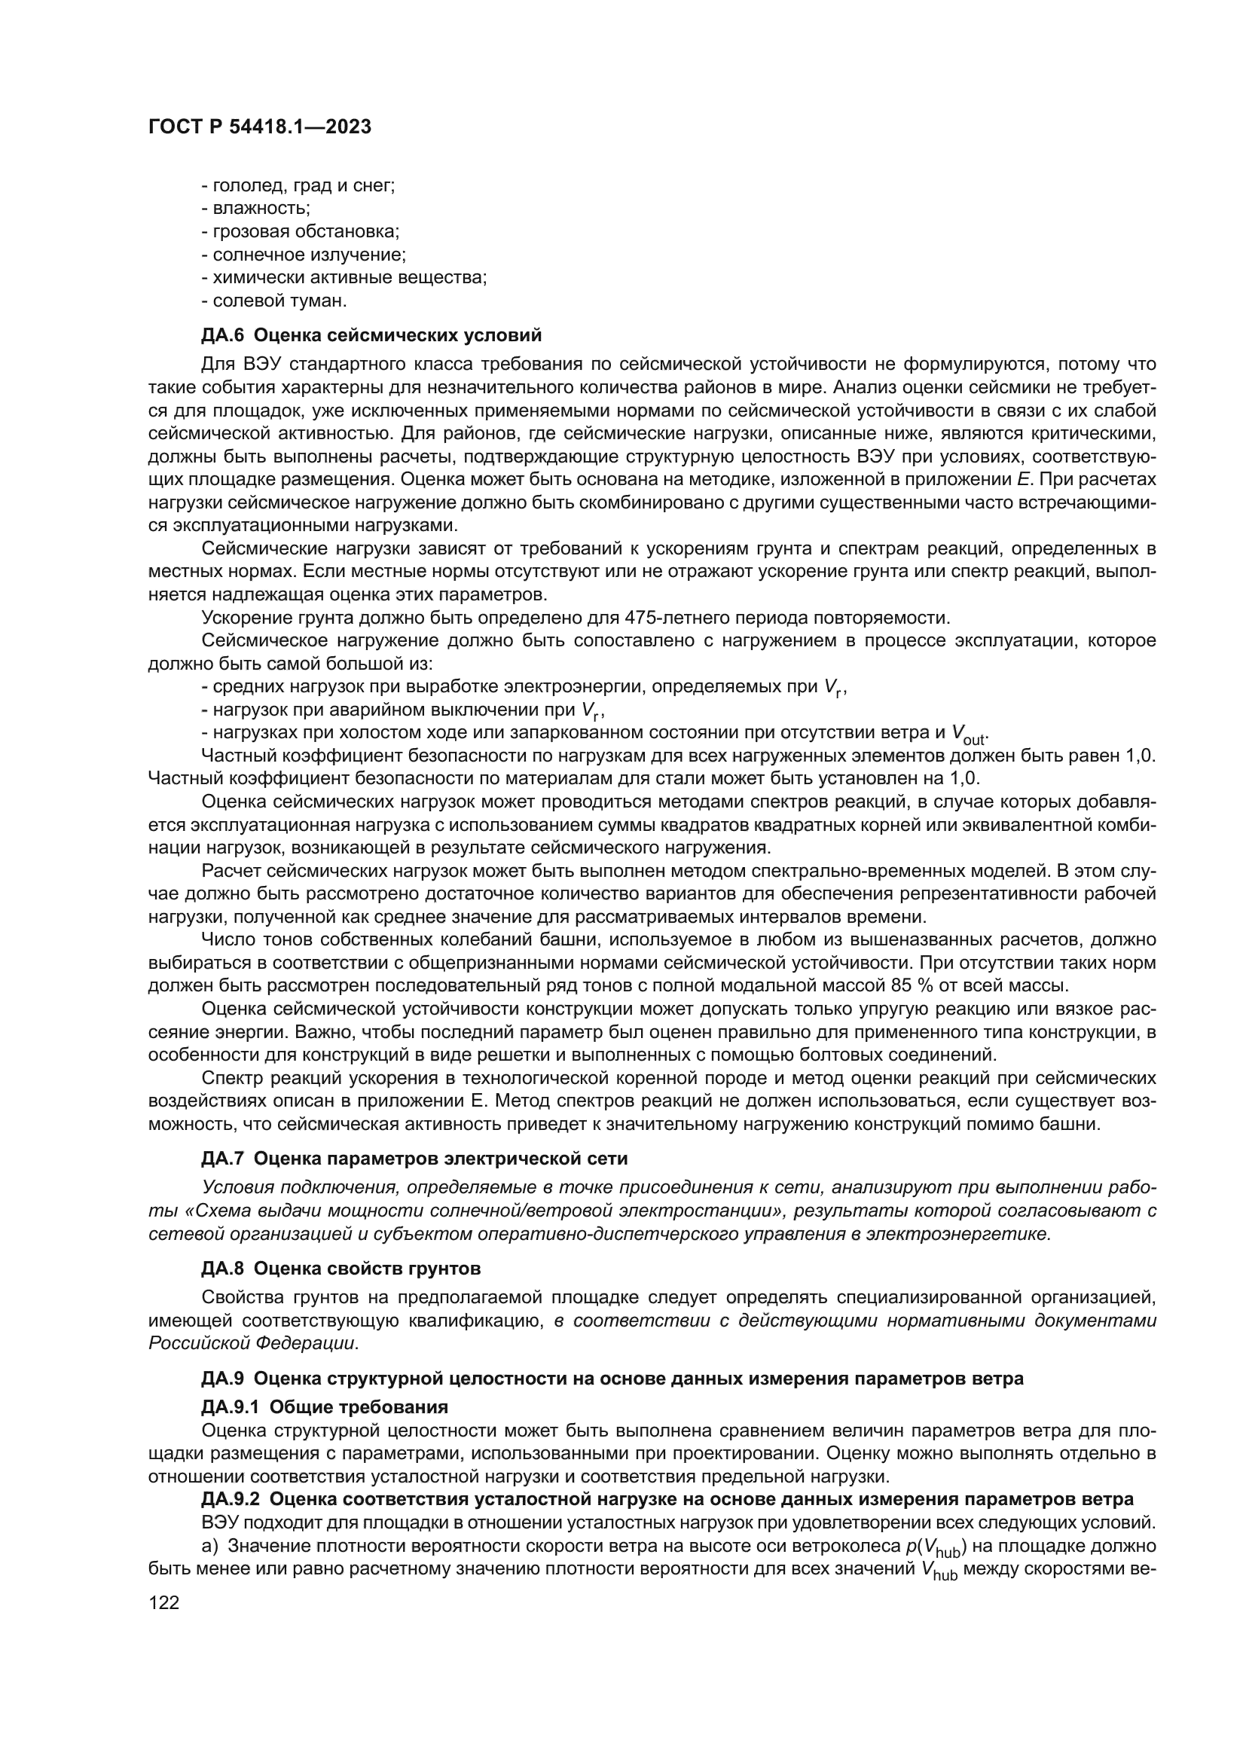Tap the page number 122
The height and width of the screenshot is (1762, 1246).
point(163,1602)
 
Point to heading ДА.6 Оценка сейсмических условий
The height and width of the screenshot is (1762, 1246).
point(371,335)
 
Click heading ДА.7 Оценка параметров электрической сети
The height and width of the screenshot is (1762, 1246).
point(414,1158)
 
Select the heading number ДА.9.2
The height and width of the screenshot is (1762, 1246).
point(231,1499)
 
